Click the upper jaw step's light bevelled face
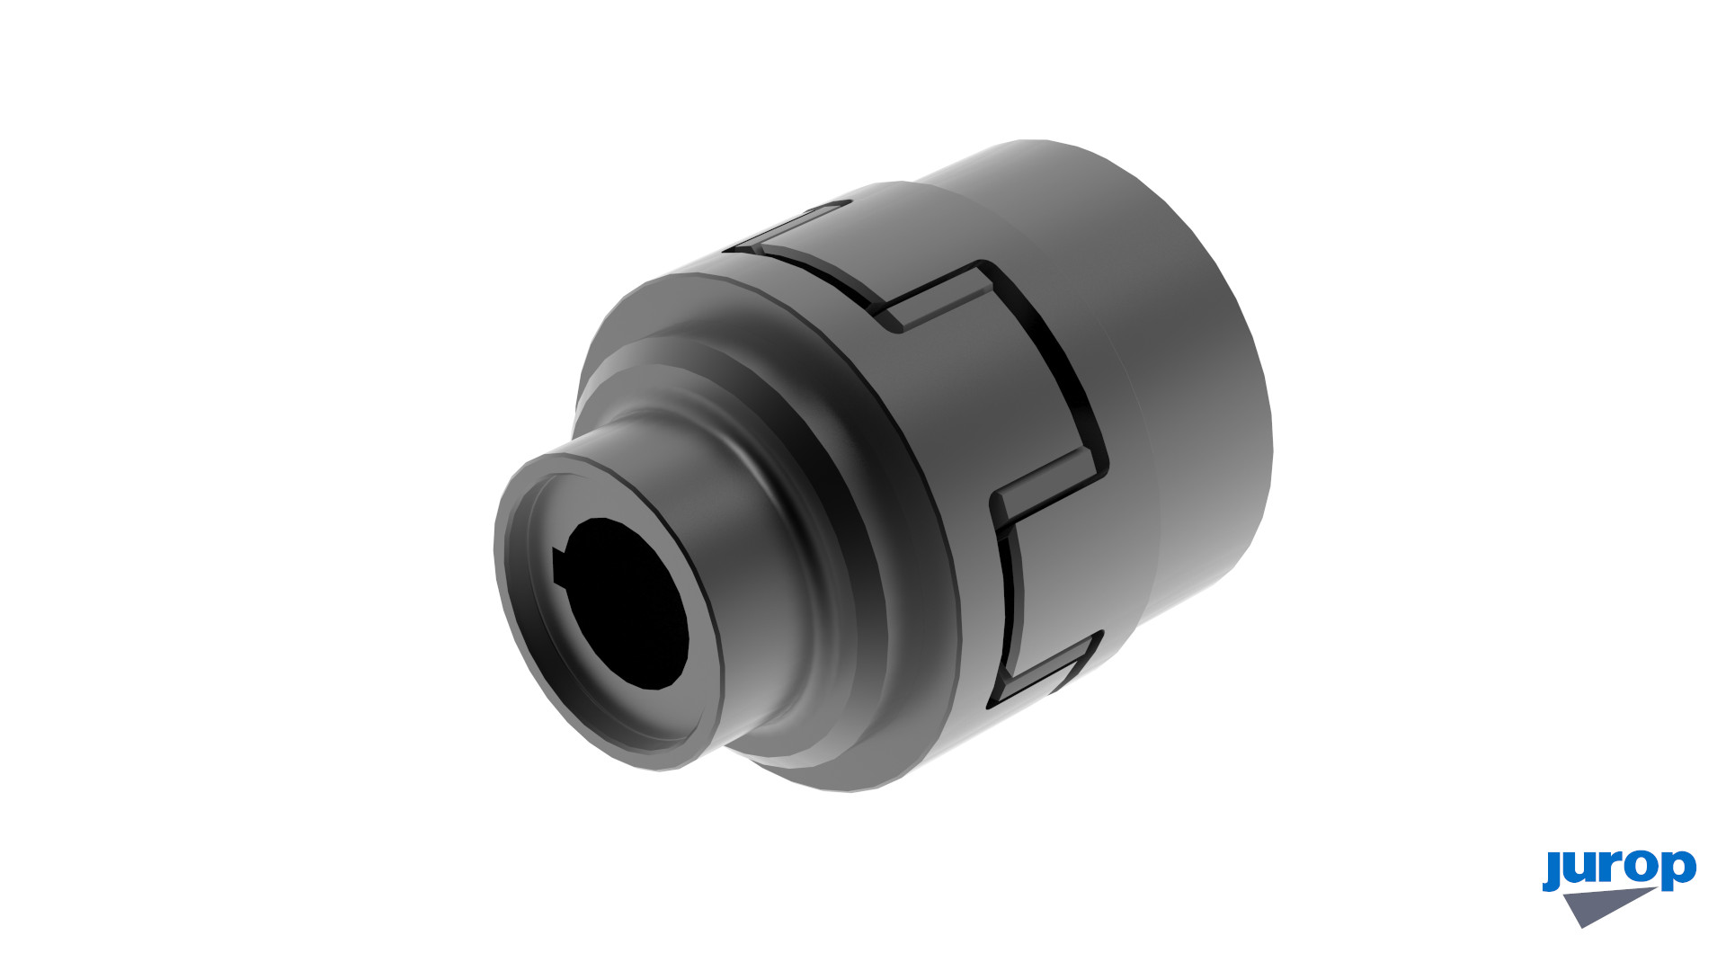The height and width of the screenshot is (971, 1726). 935,297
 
